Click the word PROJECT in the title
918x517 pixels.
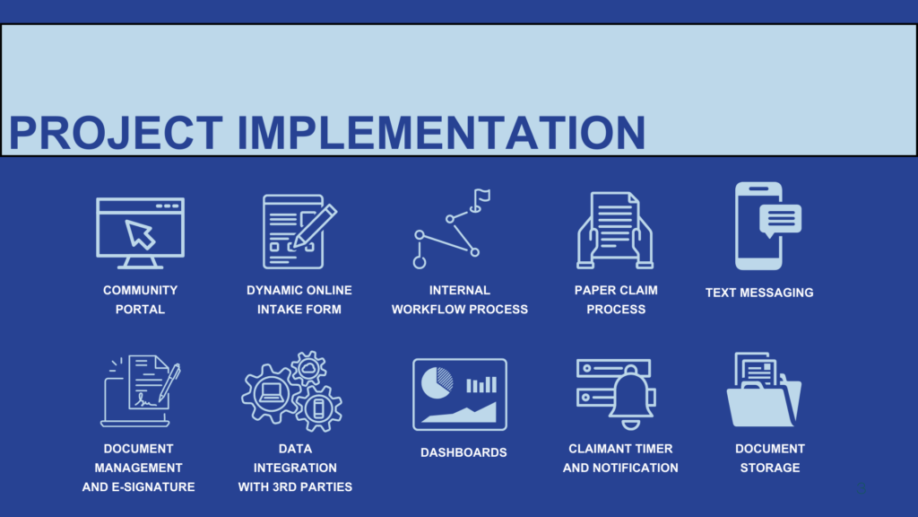pos(116,132)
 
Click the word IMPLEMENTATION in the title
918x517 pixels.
pos(441,132)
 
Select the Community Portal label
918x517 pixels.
pos(140,300)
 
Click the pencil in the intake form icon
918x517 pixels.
pos(315,224)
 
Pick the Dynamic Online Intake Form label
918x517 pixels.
pos(299,300)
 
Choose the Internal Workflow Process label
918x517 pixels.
pos(459,300)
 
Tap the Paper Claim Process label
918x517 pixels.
pos(616,300)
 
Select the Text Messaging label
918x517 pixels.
pos(759,293)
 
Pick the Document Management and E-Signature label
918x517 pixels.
pos(138,468)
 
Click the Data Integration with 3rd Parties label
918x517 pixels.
pos(295,468)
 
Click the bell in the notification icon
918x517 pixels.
pos(631,394)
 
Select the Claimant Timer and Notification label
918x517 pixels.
pos(620,458)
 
